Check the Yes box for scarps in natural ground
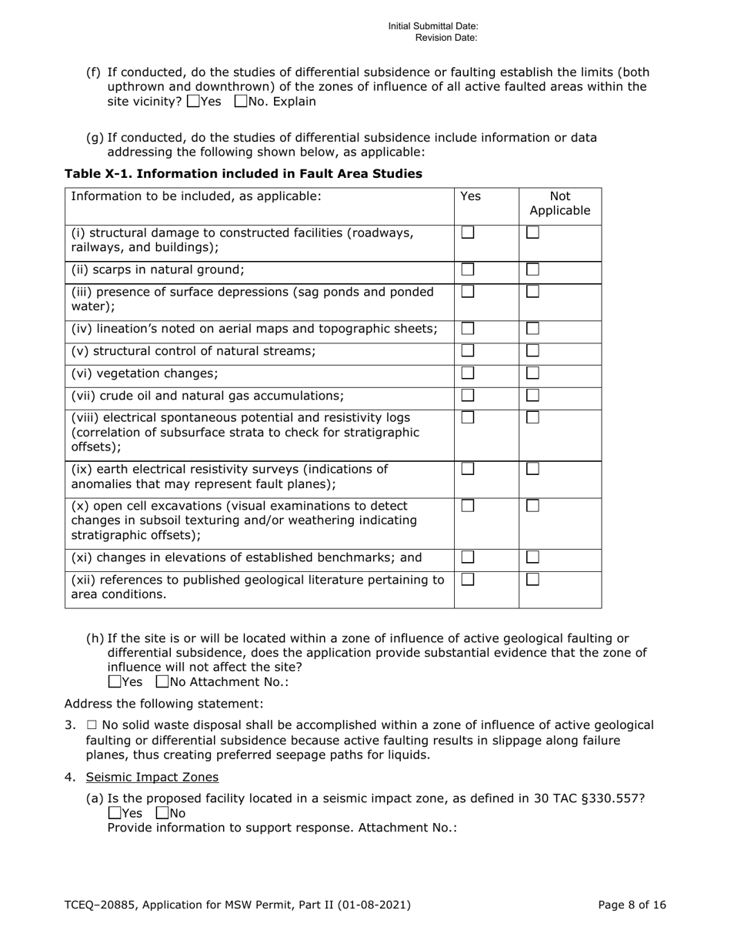(467, 269)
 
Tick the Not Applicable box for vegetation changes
(532, 373)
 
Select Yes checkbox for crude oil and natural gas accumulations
(467, 395)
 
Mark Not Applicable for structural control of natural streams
(532, 351)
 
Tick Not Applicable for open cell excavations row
(532, 506)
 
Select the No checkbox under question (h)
(162, 681)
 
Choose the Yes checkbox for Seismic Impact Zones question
(115, 812)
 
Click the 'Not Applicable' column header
(559, 202)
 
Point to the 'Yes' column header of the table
(469, 196)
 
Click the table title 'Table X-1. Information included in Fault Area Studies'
(243, 174)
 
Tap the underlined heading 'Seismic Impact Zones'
(152, 777)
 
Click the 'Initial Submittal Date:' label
(432, 26)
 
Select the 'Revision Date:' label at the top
(446, 37)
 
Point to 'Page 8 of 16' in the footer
(632, 905)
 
